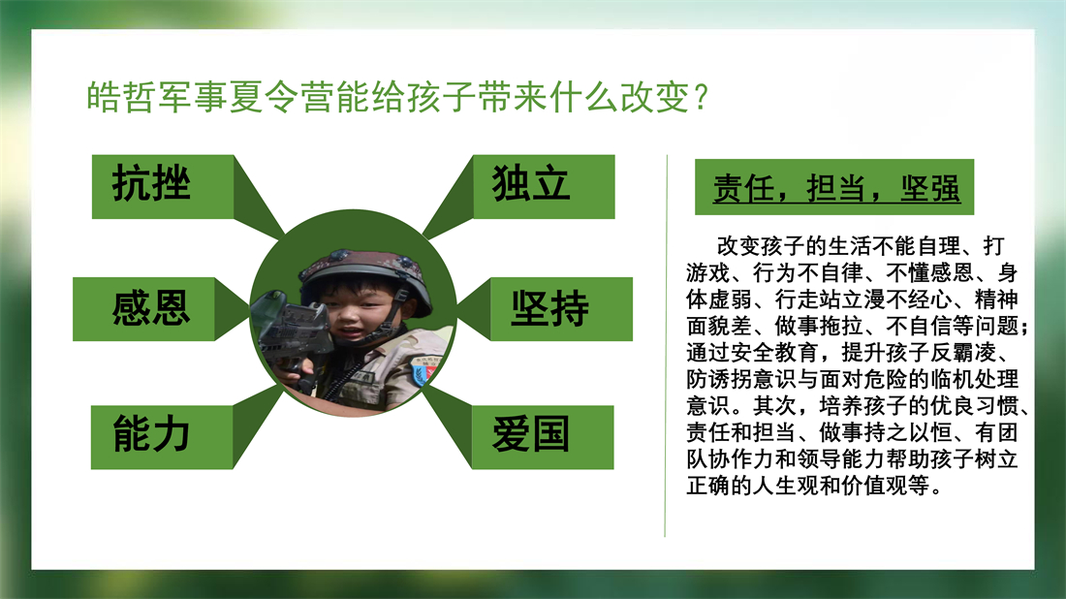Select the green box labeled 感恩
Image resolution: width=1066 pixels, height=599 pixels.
point(143,308)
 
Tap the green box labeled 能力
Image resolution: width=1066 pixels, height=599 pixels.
point(162,437)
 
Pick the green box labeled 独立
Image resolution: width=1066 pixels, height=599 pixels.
point(544,187)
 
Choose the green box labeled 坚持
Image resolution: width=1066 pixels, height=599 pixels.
point(561,308)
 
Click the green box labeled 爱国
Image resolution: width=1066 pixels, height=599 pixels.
point(543,437)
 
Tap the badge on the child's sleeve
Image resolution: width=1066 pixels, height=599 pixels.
point(425,369)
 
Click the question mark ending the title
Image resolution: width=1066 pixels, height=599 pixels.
point(702,98)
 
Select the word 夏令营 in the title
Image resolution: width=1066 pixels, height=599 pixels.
point(281,97)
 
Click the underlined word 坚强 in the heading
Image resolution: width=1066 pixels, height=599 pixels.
point(930,188)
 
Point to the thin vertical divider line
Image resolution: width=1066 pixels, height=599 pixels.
point(666,345)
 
